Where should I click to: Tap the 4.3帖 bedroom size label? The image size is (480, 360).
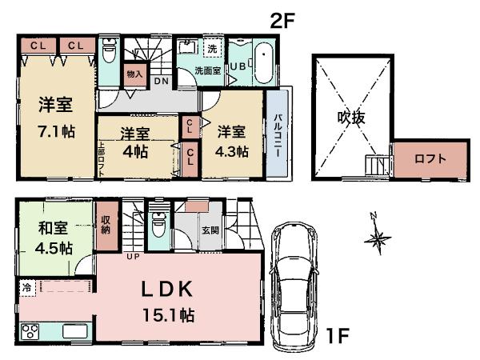230,150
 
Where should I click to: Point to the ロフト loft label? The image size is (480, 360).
430,158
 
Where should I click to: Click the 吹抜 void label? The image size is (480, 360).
350,118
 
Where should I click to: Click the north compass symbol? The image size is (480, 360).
378,236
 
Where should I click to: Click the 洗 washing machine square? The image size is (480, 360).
212,49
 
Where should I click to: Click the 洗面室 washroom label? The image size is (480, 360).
210,70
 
